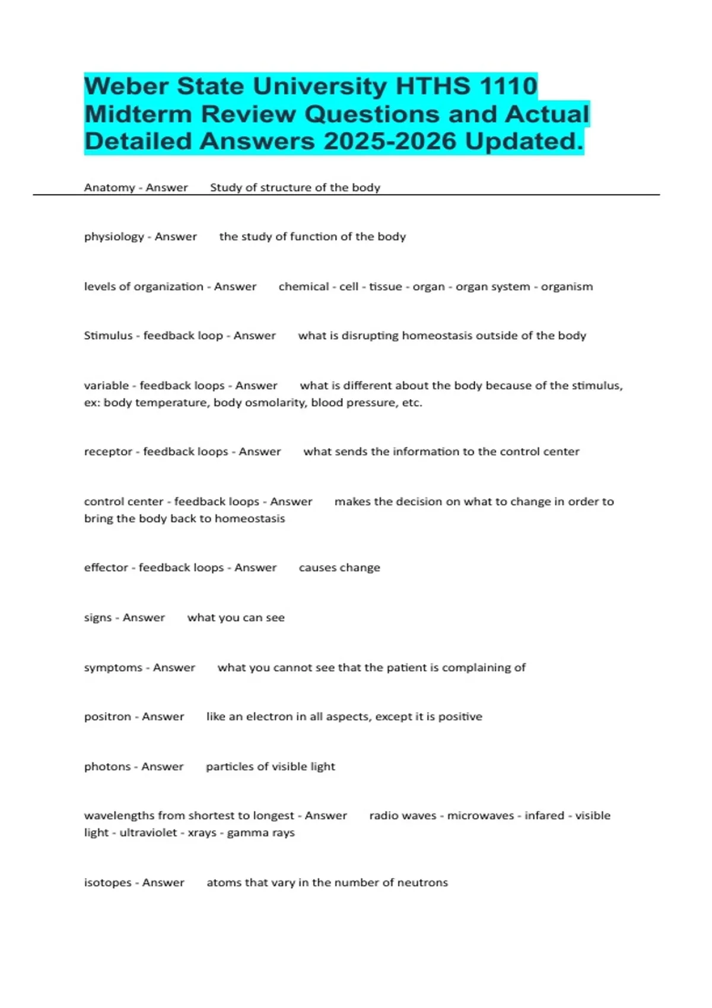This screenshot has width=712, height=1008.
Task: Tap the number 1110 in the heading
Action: pyautogui.click(x=508, y=87)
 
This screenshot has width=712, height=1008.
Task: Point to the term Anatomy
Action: pyautogui.click(x=109, y=188)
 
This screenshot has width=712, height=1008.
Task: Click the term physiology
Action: pyautogui.click(x=114, y=237)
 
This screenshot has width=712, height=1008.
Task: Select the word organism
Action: pyautogui.click(x=567, y=287)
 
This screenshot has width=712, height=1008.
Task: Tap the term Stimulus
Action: pyautogui.click(x=108, y=336)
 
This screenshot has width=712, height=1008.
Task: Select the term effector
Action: pyautogui.click(x=106, y=568)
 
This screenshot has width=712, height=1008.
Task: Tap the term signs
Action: pyautogui.click(x=98, y=618)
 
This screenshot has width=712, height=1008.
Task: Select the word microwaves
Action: pyautogui.click(x=481, y=816)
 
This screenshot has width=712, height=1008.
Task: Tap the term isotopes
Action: pyautogui.click(x=107, y=883)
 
